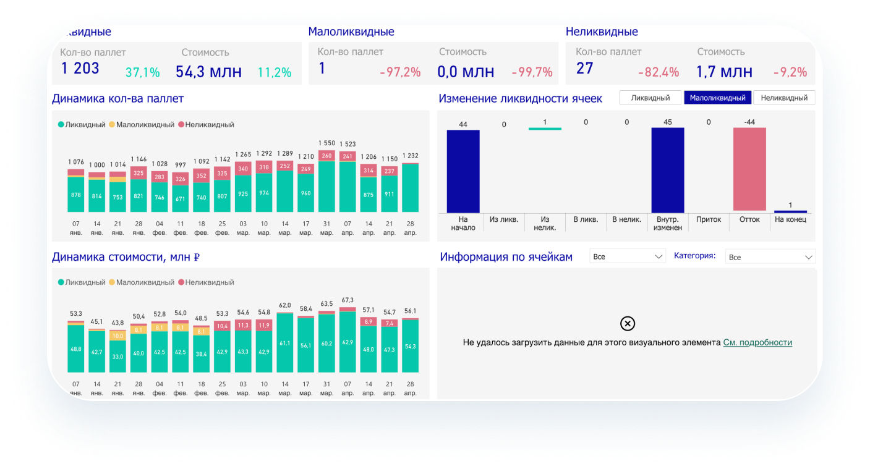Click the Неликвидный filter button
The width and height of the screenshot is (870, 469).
tap(784, 98)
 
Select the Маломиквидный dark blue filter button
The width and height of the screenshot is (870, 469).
tap(717, 98)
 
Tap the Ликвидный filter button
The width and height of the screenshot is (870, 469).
tap(650, 98)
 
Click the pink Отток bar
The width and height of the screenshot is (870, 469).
tap(749, 169)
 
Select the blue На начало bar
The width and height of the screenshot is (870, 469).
tap(463, 171)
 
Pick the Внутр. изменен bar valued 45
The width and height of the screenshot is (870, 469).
tap(668, 170)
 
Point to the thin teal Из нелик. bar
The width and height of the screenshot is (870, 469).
tap(545, 129)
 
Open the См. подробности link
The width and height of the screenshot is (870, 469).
tap(757, 342)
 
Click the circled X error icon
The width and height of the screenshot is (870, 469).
tap(627, 323)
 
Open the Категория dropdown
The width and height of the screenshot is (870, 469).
tap(770, 257)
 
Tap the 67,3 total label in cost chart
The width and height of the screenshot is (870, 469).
tap(348, 300)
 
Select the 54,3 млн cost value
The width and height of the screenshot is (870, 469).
tap(208, 72)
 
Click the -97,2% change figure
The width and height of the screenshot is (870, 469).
tap(400, 72)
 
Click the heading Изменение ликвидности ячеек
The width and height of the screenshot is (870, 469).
tap(520, 98)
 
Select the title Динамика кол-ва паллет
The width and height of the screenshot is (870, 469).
tap(117, 98)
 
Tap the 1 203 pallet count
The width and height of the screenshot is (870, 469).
tap(80, 69)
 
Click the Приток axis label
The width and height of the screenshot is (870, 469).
tap(709, 219)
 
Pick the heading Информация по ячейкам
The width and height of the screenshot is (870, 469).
tap(506, 257)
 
